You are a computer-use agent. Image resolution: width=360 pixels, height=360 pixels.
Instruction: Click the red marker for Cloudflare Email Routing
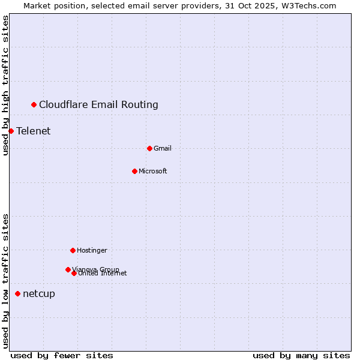coord(34,105)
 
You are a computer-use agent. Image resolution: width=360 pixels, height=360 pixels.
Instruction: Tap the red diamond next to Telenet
coord(11,131)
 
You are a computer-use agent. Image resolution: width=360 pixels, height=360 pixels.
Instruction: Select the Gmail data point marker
coord(149,148)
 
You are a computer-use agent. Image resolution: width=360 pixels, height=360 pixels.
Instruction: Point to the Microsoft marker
coord(134,171)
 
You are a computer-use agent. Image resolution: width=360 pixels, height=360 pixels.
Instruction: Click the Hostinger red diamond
coord(73,250)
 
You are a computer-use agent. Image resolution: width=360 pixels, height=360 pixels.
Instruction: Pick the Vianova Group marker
coord(68,269)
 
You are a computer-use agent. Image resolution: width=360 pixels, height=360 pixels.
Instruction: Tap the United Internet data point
coord(74,273)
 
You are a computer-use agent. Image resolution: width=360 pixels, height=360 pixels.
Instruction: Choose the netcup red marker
coord(18,293)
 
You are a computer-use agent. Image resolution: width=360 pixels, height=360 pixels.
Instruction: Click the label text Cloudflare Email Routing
coord(98,105)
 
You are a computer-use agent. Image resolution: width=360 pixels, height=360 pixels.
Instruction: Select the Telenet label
coord(33,131)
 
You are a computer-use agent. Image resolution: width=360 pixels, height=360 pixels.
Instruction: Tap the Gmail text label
coord(163,149)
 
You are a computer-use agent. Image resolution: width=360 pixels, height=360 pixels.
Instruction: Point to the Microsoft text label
coord(153,172)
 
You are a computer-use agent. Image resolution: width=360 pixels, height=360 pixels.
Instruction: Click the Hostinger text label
coord(92,251)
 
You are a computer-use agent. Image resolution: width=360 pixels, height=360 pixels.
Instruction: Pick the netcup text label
coord(39,294)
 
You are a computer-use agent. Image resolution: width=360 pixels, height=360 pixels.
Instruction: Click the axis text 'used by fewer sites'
coord(62,356)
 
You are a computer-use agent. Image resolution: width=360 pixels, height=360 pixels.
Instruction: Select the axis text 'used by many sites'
coord(301,356)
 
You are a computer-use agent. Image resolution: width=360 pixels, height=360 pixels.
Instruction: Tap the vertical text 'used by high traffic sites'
coord(6,85)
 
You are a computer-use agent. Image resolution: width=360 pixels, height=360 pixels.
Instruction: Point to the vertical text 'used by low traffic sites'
coord(6,281)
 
